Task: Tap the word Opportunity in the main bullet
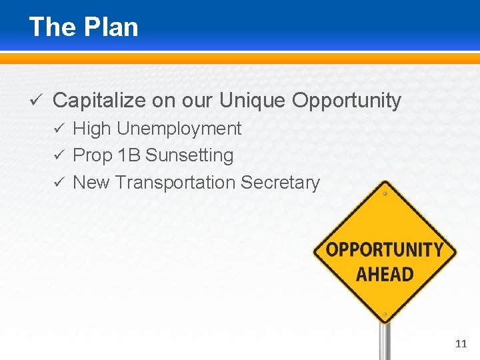pos(347,101)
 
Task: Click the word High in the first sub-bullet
pos(92,129)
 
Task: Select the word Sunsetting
pos(189,156)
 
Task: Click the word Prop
pos(92,156)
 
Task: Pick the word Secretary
pos(280,182)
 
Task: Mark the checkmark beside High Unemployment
pos(58,129)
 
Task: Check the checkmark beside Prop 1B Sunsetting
pos(58,155)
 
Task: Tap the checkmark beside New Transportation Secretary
pos(58,182)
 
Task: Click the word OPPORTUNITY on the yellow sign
pos(385,251)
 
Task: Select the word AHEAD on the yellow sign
pos(385,274)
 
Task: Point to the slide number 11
pos(461,344)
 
